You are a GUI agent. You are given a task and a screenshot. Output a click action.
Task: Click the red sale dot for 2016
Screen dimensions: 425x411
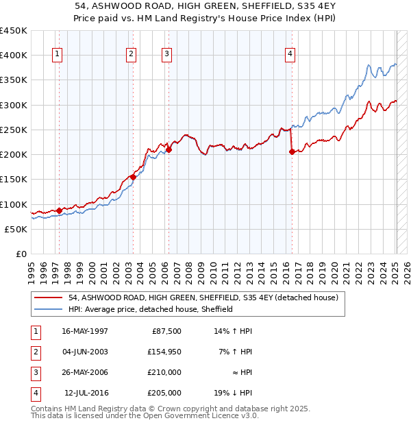pyautogui.click(x=292, y=152)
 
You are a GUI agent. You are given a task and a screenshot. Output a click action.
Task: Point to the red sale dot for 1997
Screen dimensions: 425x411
pyautogui.click(x=60, y=210)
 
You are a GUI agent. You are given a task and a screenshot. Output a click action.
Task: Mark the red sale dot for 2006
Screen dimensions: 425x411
pyautogui.click(x=169, y=149)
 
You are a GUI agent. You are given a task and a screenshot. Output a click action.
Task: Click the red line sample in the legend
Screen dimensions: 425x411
pyautogui.click(x=49, y=297)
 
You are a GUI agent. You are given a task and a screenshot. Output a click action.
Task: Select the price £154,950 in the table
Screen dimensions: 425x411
pyautogui.click(x=162, y=352)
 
